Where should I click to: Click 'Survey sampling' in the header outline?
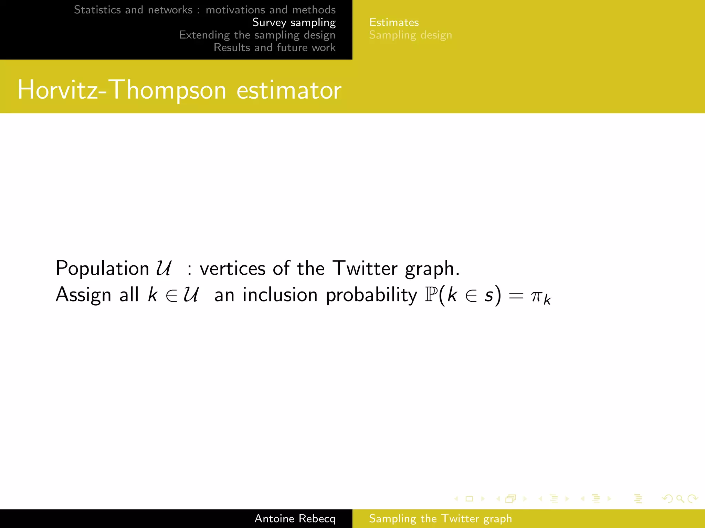pyautogui.click(x=294, y=22)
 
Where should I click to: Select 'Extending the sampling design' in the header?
pyautogui.click(x=257, y=35)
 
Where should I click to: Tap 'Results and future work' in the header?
pyautogui.click(x=274, y=47)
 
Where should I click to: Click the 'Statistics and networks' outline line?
pyautogui.click(x=204, y=10)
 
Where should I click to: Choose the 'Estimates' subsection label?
pyautogui.click(x=394, y=22)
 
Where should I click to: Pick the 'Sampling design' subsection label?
pyautogui.click(x=410, y=35)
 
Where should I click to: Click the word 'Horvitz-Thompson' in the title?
pyautogui.click(x=122, y=90)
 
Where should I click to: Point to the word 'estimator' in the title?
pyautogui.click(x=289, y=90)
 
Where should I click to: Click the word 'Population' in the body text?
pyautogui.click(x=102, y=268)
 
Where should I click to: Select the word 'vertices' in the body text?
pyautogui.click(x=232, y=268)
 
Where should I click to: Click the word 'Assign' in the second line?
pyautogui.click(x=83, y=295)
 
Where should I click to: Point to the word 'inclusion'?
pyautogui.click(x=280, y=295)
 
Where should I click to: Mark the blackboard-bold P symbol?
pyautogui.click(x=431, y=295)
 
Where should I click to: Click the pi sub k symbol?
pyautogui.click(x=540, y=297)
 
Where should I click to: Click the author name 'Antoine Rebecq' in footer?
pyautogui.click(x=295, y=518)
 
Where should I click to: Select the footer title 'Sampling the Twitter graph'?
pyautogui.click(x=440, y=518)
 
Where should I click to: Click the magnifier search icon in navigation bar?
pyautogui.click(x=680, y=499)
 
